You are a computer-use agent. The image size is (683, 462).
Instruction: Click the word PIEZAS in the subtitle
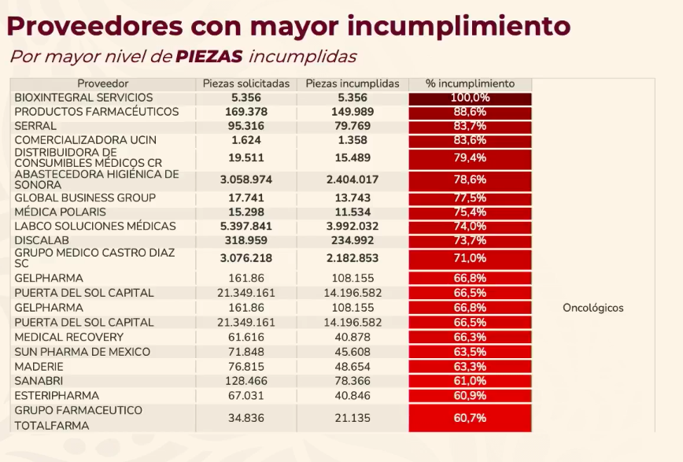point(208,57)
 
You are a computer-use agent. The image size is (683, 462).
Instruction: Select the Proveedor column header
point(102,83)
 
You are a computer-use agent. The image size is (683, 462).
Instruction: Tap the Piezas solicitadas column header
point(246,83)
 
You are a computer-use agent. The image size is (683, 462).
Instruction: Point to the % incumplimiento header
point(470,83)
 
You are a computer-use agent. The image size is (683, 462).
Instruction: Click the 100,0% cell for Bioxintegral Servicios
point(470,98)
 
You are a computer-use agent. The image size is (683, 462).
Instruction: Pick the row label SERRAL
point(35,126)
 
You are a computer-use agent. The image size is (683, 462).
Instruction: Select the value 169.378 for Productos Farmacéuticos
point(246,112)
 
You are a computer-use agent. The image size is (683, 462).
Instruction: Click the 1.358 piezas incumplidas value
point(352,140)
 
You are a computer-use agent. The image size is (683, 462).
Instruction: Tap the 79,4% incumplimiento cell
point(470,158)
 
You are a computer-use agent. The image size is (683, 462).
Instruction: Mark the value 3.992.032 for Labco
point(352,226)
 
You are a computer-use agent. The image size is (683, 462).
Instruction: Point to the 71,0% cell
point(470,258)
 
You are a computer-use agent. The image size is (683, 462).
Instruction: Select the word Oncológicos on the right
point(593,308)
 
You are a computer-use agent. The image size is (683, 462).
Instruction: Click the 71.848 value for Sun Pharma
point(246,352)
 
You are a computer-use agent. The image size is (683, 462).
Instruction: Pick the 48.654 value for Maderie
point(352,367)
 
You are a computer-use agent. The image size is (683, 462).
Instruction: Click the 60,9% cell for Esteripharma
point(470,396)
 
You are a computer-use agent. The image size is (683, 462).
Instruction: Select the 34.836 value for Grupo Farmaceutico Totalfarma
point(246,418)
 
